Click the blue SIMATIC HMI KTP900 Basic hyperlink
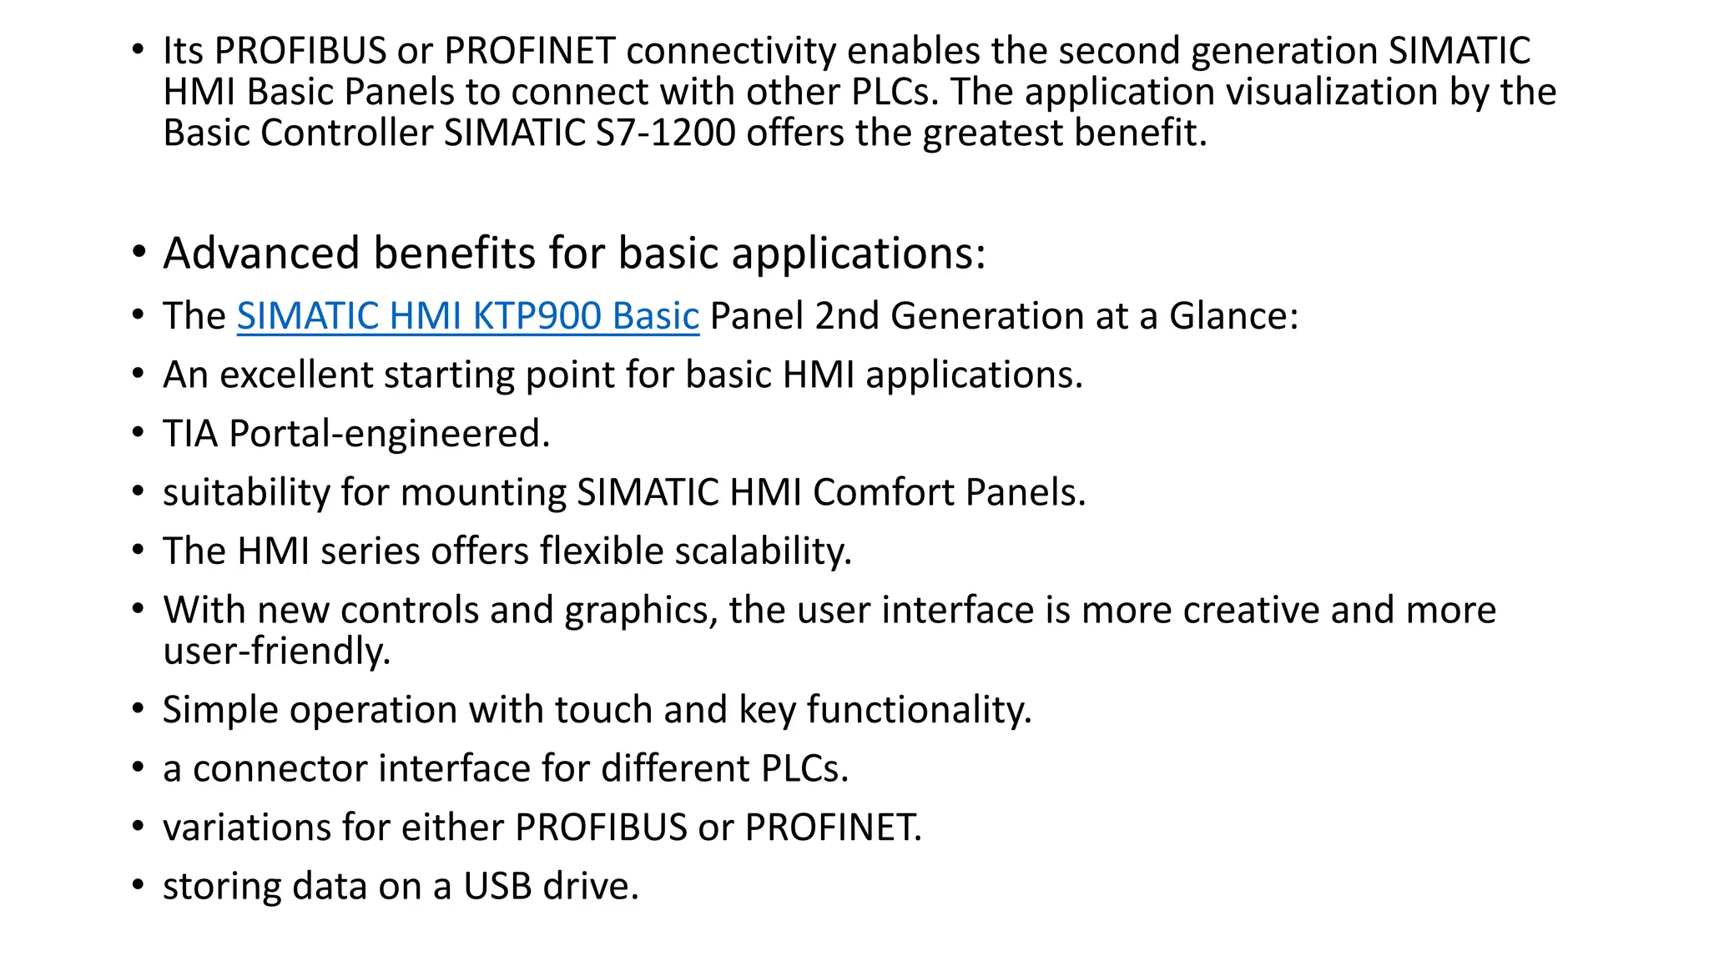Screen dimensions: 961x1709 (x=467, y=316)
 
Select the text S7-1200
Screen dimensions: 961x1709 (x=665, y=133)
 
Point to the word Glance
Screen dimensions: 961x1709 (x=1228, y=316)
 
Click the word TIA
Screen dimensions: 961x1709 (x=190, y=434)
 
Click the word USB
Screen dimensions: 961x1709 (x=497, y=886)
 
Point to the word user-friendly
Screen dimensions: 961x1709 (x=276, y=651)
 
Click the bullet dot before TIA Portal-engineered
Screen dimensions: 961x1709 (x=138, y=433)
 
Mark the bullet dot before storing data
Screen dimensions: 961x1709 (x=138, y=885)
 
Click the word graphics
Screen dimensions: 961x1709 (x=640, y=611)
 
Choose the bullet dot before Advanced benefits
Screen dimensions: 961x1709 (x=139, y=251)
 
